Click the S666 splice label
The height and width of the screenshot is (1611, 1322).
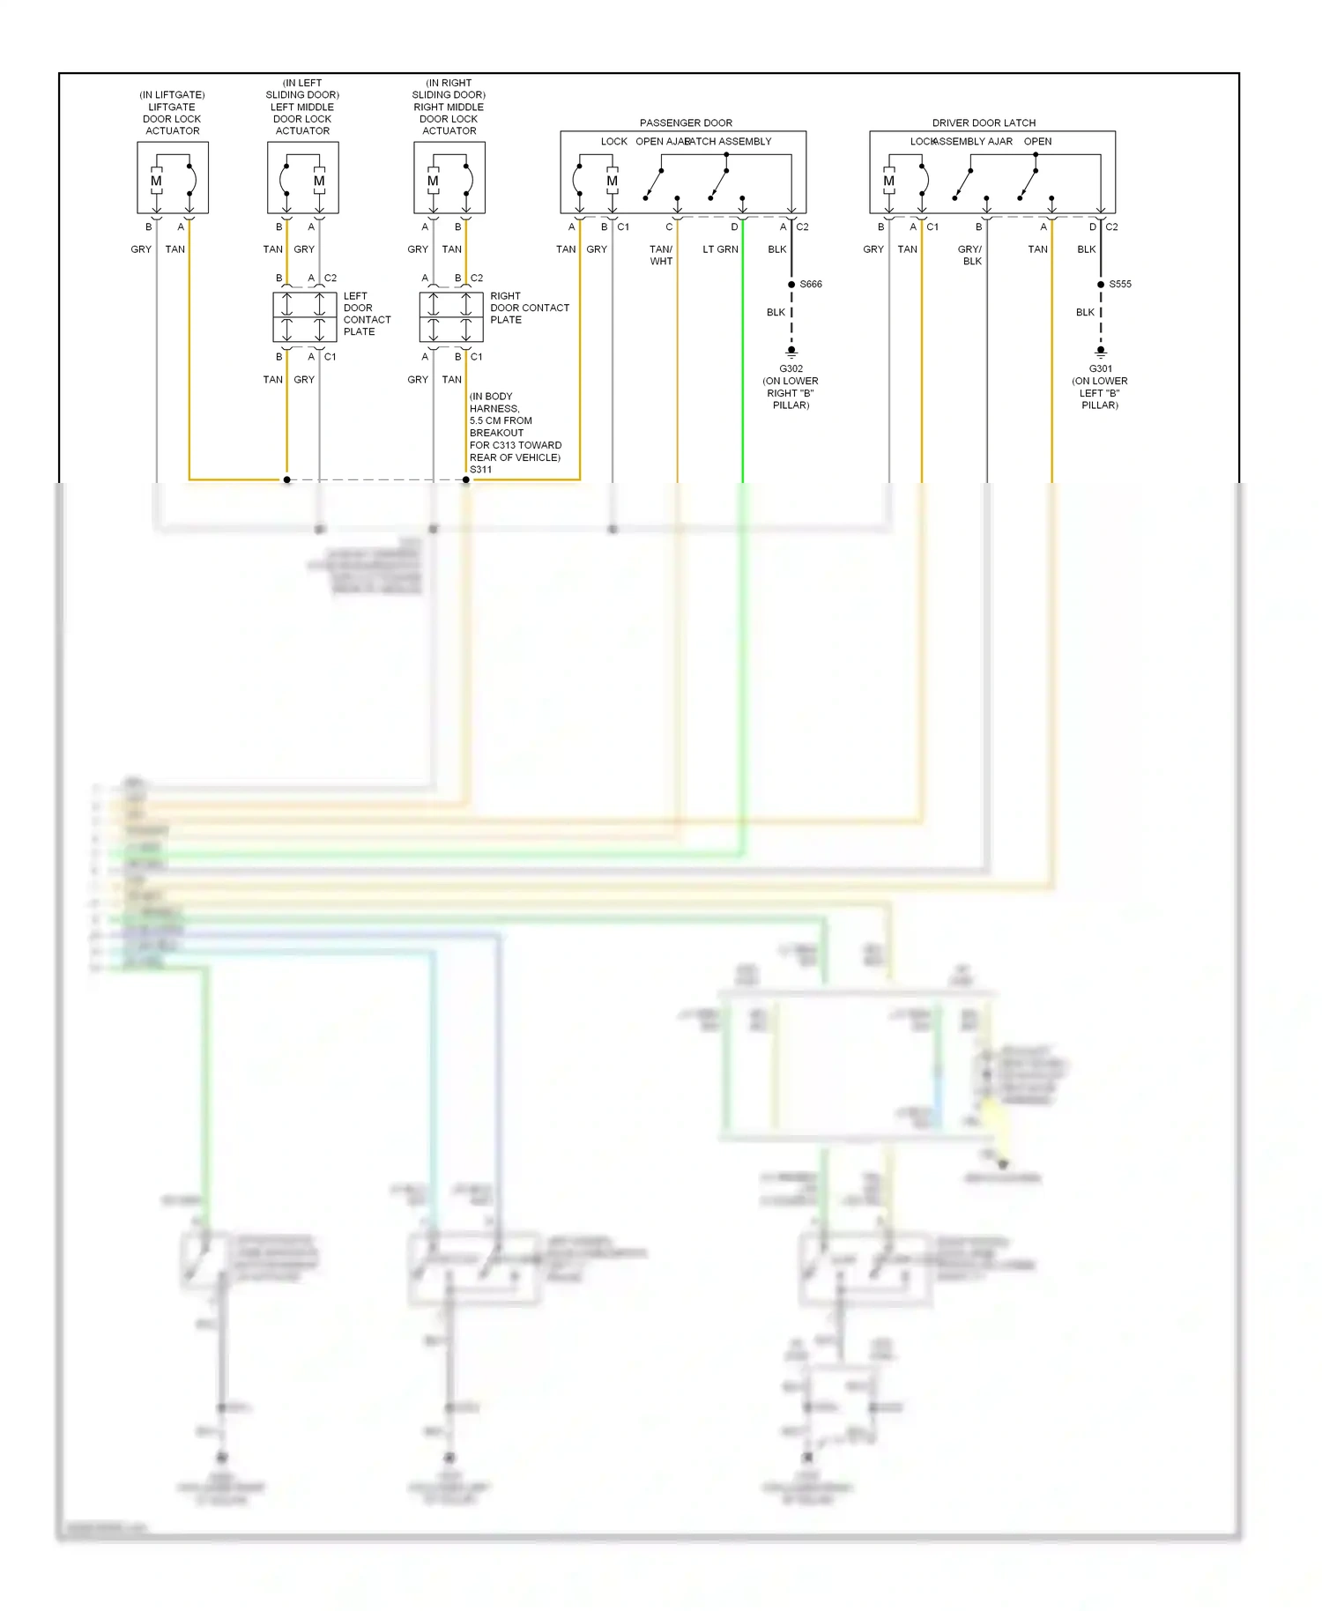pos(810,284)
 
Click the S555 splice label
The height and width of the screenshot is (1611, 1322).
pos(1119,284)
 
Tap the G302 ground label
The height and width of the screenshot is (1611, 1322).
pos(791,368)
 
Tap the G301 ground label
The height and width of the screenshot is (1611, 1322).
pos(1100,368)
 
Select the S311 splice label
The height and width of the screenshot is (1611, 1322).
pos(480,470)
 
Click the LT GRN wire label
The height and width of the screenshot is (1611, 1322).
pos(720,249)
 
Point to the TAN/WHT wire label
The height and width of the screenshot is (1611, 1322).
pos(661,255)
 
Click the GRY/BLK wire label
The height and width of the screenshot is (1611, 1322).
pos(970,255)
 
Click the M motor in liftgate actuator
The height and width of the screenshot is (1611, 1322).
pos(156,181)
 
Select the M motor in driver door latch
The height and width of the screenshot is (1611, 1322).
pos(888,181)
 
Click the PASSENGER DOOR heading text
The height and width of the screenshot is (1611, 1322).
pos(686,122)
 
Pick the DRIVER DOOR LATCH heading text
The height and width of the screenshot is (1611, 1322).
pos(984,122)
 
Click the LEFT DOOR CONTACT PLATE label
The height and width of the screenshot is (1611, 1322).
pos(367,314)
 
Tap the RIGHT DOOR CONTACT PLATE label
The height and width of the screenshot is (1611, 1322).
pos(529,308)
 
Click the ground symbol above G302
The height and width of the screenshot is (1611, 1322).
pos(791,352)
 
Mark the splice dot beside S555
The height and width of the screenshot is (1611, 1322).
pos(1101,285)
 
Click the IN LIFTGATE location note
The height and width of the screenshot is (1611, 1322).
pos(172,94)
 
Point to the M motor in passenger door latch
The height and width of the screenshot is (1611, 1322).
pos(612,181)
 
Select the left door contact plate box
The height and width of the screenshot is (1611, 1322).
pos(304,317)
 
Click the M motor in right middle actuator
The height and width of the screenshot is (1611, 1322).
pos(433,181)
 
